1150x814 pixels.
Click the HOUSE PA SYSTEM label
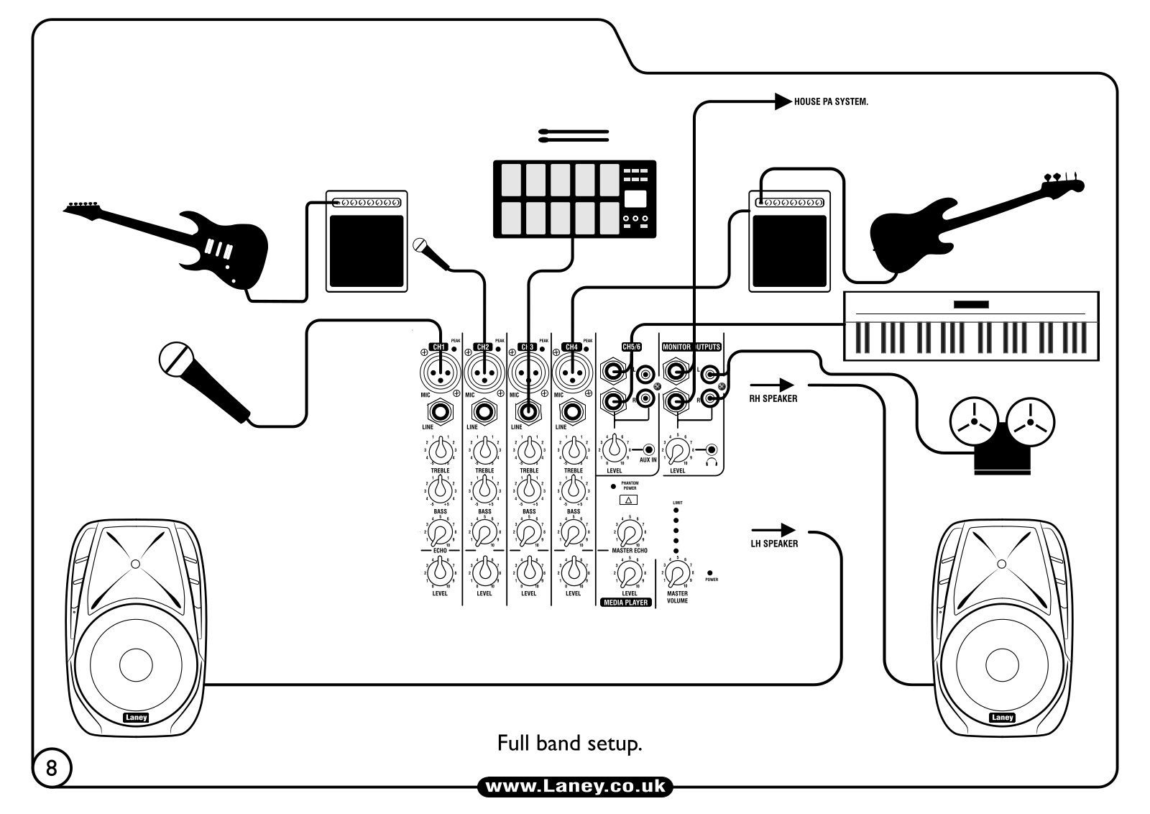[x=830, y=102]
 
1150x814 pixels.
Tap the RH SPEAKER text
[x=773, y=398]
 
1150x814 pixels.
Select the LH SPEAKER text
[x=774, y=544]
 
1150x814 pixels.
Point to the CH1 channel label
[x=438, y=347]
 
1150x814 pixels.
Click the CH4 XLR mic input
[x=572, y=372]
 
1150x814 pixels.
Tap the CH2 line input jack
[x=484, y=413]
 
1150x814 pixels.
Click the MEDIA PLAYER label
[x=626, y=603]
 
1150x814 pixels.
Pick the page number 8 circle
[x=52, y=768]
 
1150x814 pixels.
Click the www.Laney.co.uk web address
[x=575, y=787]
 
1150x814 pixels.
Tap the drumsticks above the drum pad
[x=574, y=135]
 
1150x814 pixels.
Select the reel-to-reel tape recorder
[x=1002, y=435]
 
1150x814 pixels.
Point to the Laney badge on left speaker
[x=136, y=717]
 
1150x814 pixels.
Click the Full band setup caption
[x=569, y=743]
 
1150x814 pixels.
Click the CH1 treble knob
[x=440, y=451]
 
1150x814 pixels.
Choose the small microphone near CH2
[x=430, y=252]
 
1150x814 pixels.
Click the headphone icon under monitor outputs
[x=712, y=462]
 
